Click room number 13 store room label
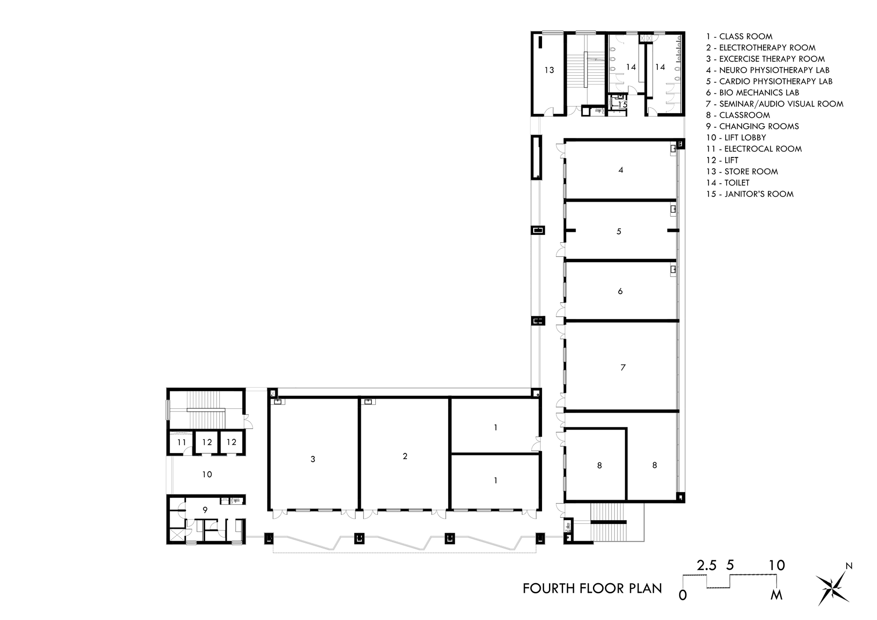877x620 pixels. (549, 70)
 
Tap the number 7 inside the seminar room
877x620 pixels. (623, 368)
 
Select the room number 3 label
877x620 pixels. (313, 459)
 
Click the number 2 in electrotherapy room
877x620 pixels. (405, 456)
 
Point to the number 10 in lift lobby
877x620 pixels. (207, 474)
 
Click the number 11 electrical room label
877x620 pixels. (182, 443)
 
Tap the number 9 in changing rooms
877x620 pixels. (205, 510)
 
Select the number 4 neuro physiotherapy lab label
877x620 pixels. (620, 170)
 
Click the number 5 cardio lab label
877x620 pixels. (619, 231)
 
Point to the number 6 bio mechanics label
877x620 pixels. (620, 291)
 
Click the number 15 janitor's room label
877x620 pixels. (622, 105)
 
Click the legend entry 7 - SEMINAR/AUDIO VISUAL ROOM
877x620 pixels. (774, 104)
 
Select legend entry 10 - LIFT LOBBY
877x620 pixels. (736, 138)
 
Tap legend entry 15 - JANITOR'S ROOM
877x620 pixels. (749, 194)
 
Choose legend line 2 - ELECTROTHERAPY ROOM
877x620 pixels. (760, 48)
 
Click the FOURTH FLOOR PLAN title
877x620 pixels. (592, 588)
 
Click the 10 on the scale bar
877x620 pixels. (777, 565)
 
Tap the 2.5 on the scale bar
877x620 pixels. (706, 565)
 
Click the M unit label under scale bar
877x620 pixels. (777, 595)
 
